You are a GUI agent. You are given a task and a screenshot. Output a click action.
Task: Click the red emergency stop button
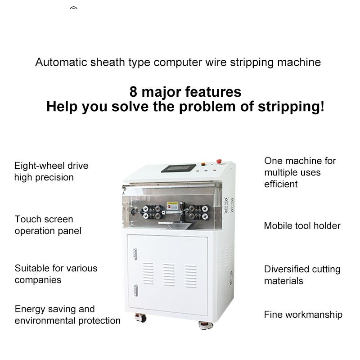pyautogui.click(x=219, y=161)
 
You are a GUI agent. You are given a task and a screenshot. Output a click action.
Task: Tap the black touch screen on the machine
pyautogui.click(x=178, y=168)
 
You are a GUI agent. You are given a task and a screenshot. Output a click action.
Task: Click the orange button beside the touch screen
pyautogui.click(x=203, y=164)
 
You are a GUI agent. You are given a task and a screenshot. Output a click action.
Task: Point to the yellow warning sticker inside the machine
pyautogui.click(x=172, y=206)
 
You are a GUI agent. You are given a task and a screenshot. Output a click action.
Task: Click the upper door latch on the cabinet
pyautogui.click(x=135, y=254)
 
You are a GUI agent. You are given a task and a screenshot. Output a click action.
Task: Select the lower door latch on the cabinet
pyautogui.click(x=135, y=290)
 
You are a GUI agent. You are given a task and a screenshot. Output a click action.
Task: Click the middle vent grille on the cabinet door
pyautogui.click(x=169, y=275)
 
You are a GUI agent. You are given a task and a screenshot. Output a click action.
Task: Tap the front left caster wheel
pyautogui.click(x=141, y=318)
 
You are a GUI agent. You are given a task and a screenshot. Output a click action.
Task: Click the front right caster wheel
pyautogui.click(x=206, y=325)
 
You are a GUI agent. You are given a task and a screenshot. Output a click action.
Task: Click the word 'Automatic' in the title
pyautogui.click(x=61, y=62)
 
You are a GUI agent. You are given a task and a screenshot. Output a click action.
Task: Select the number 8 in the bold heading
pyautogui.click(x=133, y=92)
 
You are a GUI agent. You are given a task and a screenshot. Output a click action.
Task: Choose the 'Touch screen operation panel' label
pyautogui.click(x=48, y=225)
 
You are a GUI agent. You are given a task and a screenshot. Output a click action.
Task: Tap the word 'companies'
pyautogui.click(x=38, y=280)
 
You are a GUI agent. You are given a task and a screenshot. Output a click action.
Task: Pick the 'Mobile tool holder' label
pyautogui.click(x=302, y=226)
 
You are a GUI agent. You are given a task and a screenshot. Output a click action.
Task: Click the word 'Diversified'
pyautogui.click(x=285, y=269)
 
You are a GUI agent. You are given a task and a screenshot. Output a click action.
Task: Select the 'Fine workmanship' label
pyautogui.click(x=303, y=315)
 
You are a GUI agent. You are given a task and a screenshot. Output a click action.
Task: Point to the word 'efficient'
pyautogui.click(x=281, y=184)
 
